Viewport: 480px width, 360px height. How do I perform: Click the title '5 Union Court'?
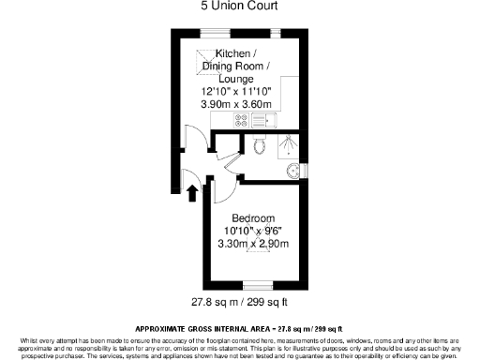[x=239, y=6]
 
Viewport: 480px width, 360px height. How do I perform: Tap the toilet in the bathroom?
[x=262, y=145]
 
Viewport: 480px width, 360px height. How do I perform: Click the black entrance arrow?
[x=193, y=194]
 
